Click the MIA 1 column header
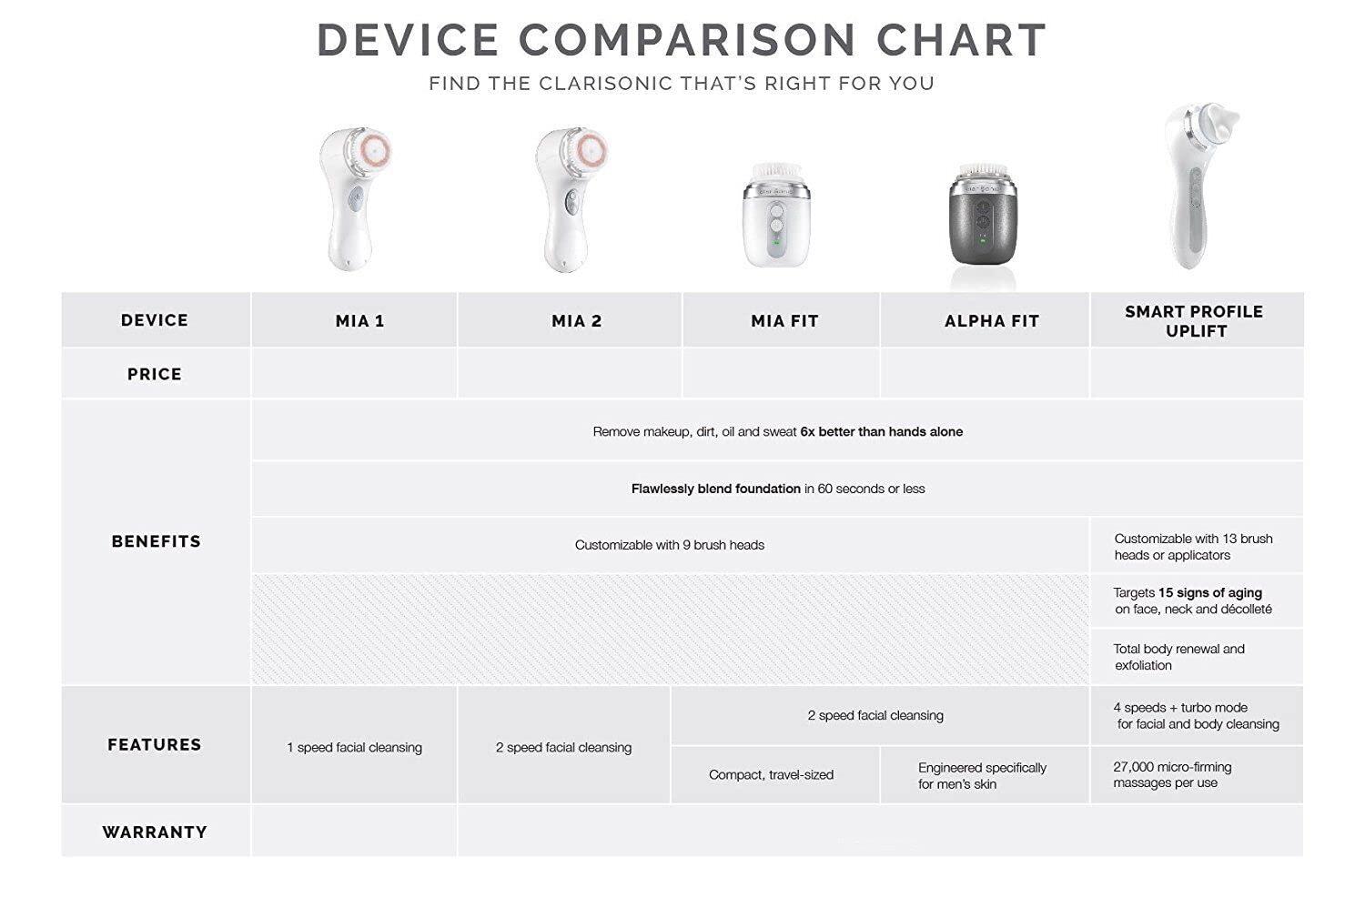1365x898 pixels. pyautogui.click(x=359, y=321)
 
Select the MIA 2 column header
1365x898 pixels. pyautogui.click(x=576, y=321)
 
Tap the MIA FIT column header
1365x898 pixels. pyautogui.click(x=784, y=321)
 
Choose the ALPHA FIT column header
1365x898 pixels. pyautogui.click(x=992, y=321)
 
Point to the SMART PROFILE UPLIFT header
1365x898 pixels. pyautogui.click(x=1194, y=321)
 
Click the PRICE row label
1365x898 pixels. pyautogui.click(x=155, y=374)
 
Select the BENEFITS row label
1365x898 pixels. pyautogui.click(x=156, y=541)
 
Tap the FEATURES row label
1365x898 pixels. pyautogui.click(x=154, y=744)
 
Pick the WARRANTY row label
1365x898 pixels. pyautogui.click(x=155, y=832)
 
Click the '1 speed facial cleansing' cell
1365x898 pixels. pyautogui.click(x=354, y=748)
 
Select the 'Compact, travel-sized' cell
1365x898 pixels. pyautogui.click(x=771, y=775)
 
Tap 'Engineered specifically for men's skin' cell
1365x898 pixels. pyautogui.click(x=982, y=775)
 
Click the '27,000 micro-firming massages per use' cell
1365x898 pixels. pyautogui.click(x=1172, y=775)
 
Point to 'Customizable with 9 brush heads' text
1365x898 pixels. pyautogui.click(x=670, y=545)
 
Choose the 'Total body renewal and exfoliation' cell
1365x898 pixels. pyautogui.click(x=1179, y=657)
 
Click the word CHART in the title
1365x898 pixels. pyautogui.click(x=961, y=40)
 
